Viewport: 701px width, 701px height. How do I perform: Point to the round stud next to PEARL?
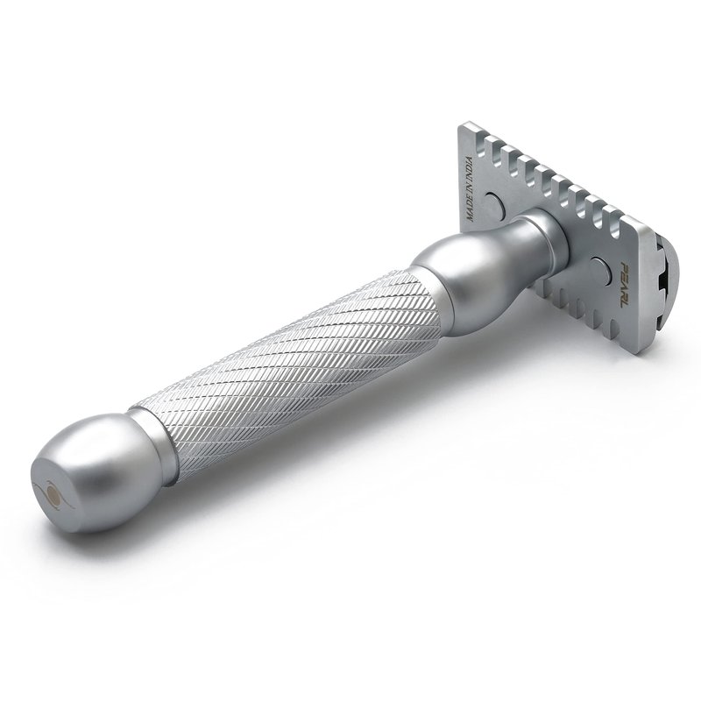point(600,270)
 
